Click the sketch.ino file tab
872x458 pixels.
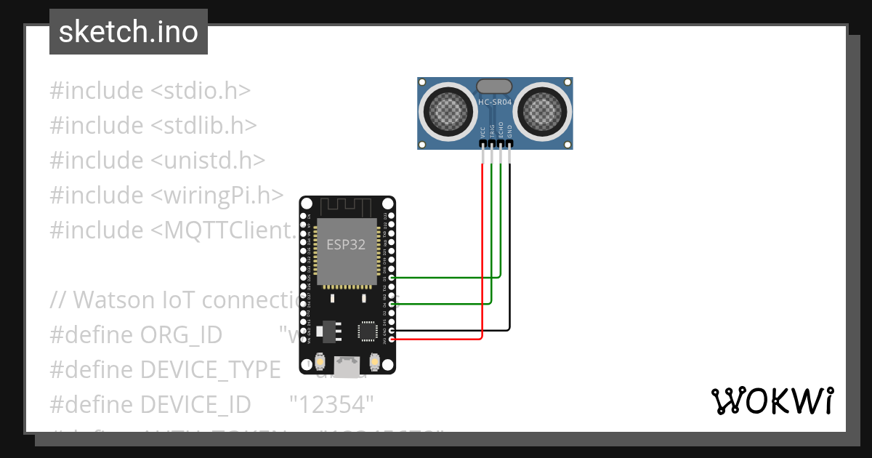[x=129, y=32]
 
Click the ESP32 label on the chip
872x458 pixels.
[x=346, y=244]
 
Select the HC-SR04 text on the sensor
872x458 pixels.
[x=495, y=103]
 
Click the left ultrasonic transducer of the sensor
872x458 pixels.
[x=445, y=110]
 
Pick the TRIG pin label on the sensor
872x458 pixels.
[x=492, y=132]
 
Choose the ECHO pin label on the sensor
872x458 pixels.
[x=501, y=132]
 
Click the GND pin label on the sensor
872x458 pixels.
[x=509, y=132]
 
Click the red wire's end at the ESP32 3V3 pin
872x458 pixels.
[x=393, y=339]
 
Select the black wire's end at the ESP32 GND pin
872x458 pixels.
[x=393, y=331]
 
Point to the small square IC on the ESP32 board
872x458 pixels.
[x=367, y=331]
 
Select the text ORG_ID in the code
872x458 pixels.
[x=180, y=334]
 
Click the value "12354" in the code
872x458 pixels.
[x=331, y=403]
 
